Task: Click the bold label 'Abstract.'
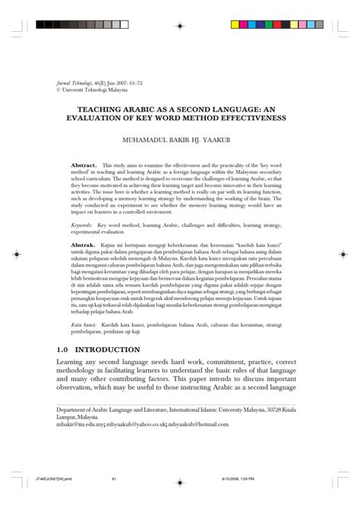pyautogui.click(x=84, y=164)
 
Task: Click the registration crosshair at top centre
pyautogui.click(x=180, y=15)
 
